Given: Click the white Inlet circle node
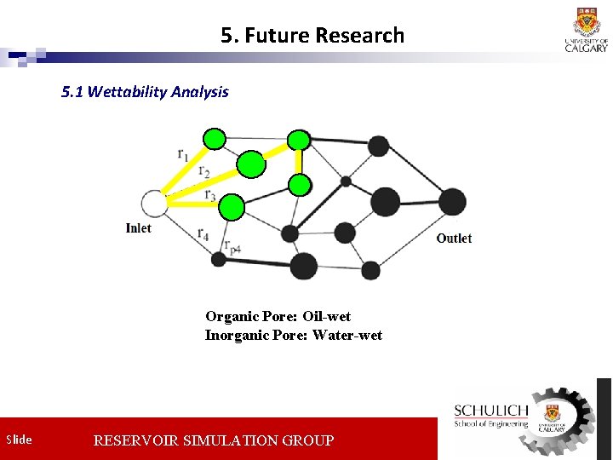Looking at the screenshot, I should [154, 204].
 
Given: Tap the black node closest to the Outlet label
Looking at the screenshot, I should [452, 202].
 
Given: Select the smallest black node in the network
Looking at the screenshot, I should [346, 181].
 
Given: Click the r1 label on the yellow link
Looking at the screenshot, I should [183, 154].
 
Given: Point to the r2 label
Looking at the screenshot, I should [204, 172].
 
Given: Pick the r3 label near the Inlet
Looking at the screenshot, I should [209, 195].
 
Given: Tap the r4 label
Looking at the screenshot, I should [203, 233].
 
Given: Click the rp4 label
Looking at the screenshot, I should [232, 247].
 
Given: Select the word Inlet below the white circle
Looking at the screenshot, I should [139, 228].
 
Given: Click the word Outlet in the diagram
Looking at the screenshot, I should [454, 239].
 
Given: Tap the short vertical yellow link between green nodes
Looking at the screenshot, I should [299, 162].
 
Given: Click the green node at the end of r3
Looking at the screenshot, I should [232, 207].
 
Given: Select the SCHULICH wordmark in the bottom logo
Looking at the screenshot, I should [491, 411].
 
